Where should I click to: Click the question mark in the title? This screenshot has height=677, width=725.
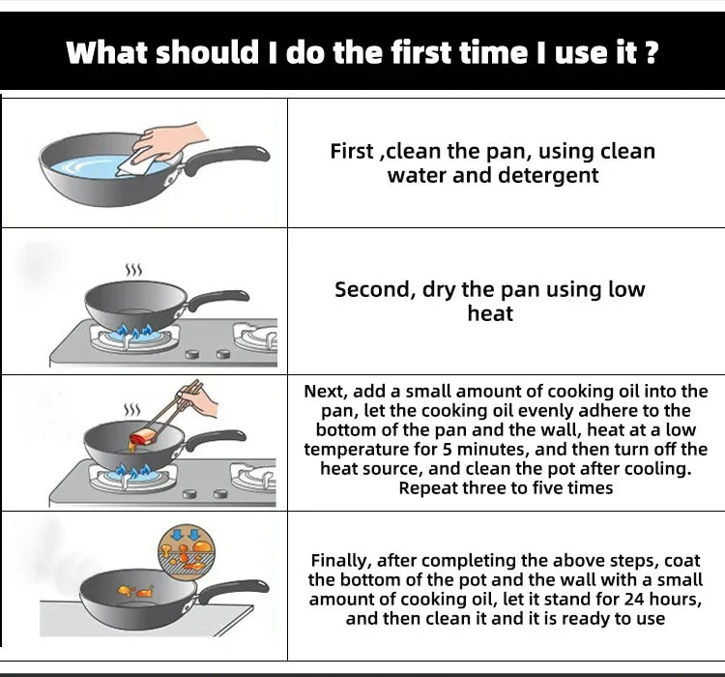coord(652,51)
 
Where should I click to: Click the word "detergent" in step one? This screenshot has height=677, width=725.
coord(548,175)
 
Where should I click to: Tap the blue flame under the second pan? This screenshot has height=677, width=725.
coord(133,333)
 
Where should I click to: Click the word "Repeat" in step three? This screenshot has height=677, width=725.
coord(425,488)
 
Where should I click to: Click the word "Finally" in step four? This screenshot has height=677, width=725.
coord(340,561)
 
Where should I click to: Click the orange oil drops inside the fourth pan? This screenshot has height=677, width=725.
coord(135,591)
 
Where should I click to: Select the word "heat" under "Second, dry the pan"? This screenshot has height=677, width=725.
coord(490,313)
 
